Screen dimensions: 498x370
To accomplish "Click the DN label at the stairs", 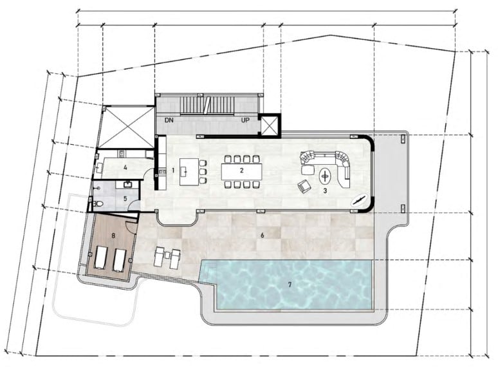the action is (x=169, y=120).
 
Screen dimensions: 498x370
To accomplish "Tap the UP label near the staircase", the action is (x=245, y=120).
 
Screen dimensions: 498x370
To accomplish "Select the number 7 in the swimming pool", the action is (x=290, y=284).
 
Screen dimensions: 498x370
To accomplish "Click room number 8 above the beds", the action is (x=113, y=236).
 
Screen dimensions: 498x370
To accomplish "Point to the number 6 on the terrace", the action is (x=263, y=236).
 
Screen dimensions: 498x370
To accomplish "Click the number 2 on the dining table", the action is (x=242, y=171).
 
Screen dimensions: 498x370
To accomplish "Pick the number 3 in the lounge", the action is (x=325, y=191).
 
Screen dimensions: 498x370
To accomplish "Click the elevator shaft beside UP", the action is (x=270, y=125).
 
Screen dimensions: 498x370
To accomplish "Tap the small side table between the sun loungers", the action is (x=167, y=255).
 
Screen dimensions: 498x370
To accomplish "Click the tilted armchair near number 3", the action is (x=304, y=186).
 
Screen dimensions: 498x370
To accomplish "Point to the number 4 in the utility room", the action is (x=125, y=167).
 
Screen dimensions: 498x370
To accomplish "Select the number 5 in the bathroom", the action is (x=125, y=199).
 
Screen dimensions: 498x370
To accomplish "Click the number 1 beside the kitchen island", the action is (x=173, y=171).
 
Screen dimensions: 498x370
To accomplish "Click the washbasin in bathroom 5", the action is (x=128, y=184).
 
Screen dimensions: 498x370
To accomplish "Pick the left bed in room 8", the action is (x=101, y=259).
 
